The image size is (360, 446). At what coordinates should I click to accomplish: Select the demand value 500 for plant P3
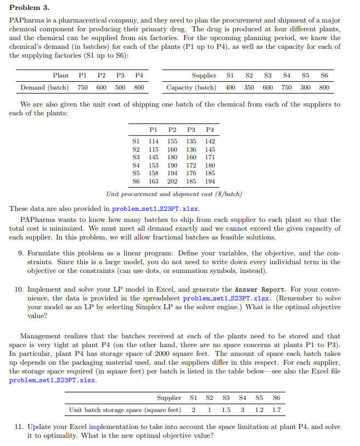point(120,87)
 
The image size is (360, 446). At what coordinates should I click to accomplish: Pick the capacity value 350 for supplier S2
point(249,87)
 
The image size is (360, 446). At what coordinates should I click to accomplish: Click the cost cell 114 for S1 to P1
point(155,141)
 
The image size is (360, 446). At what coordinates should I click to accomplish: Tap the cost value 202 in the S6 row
point(172,181)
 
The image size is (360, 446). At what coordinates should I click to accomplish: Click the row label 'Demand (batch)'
point(44,87)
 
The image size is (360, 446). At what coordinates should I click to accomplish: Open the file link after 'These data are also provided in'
point(155,209)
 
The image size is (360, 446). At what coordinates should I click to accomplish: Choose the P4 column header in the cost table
point(210,130)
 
